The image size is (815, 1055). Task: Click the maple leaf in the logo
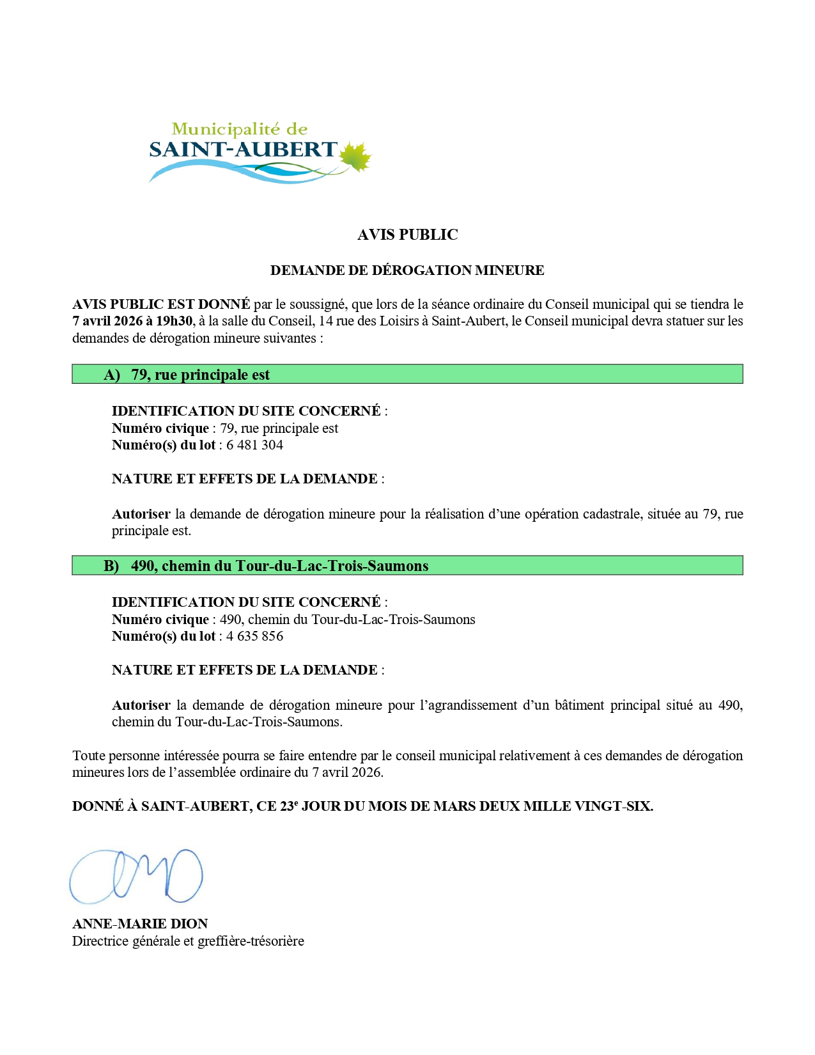pyautogui.click(x=355, y=157)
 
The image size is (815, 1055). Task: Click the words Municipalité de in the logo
pyautogui.click(x=240, y=129)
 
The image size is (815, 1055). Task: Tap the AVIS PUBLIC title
pyautogui.click(x=407, y=235)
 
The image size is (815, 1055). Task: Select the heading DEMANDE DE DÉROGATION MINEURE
pyautogui.click(x=407, y=270)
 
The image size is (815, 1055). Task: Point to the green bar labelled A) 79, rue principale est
pyautogui.click(x=407, y=374)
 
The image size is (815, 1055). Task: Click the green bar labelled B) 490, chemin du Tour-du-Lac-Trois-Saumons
pyautogui.click(x=407, y=565)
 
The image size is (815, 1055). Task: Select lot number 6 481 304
pyautogui.click(x=254, y=445)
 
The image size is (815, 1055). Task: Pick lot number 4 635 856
pyautogui.click(x=254, y=636)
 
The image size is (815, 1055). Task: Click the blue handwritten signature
pyautogui.click(x=136, y=876)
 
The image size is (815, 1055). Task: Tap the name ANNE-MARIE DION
pyautogui.click(x=140, y=924)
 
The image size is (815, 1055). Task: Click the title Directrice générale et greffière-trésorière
pyautogui.click(x=188, y=941)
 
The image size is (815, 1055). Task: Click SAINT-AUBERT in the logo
pyautogui.click(x=243, y=150)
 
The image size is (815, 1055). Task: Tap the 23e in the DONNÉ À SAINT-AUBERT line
pyautogui.click(x=288, y=806)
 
